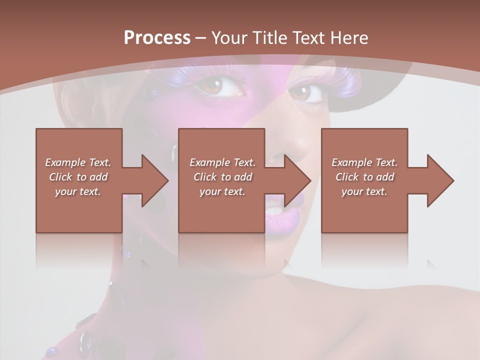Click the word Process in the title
click(x=157, y=38)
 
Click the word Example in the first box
click(x=65, y=162)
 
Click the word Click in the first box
click(x=60, y=177)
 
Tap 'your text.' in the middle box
click(x=222, y=191)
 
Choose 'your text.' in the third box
click(x=364, y=191)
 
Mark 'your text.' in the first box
click(x=78, y=191)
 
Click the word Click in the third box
click(x=347, y=177)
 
